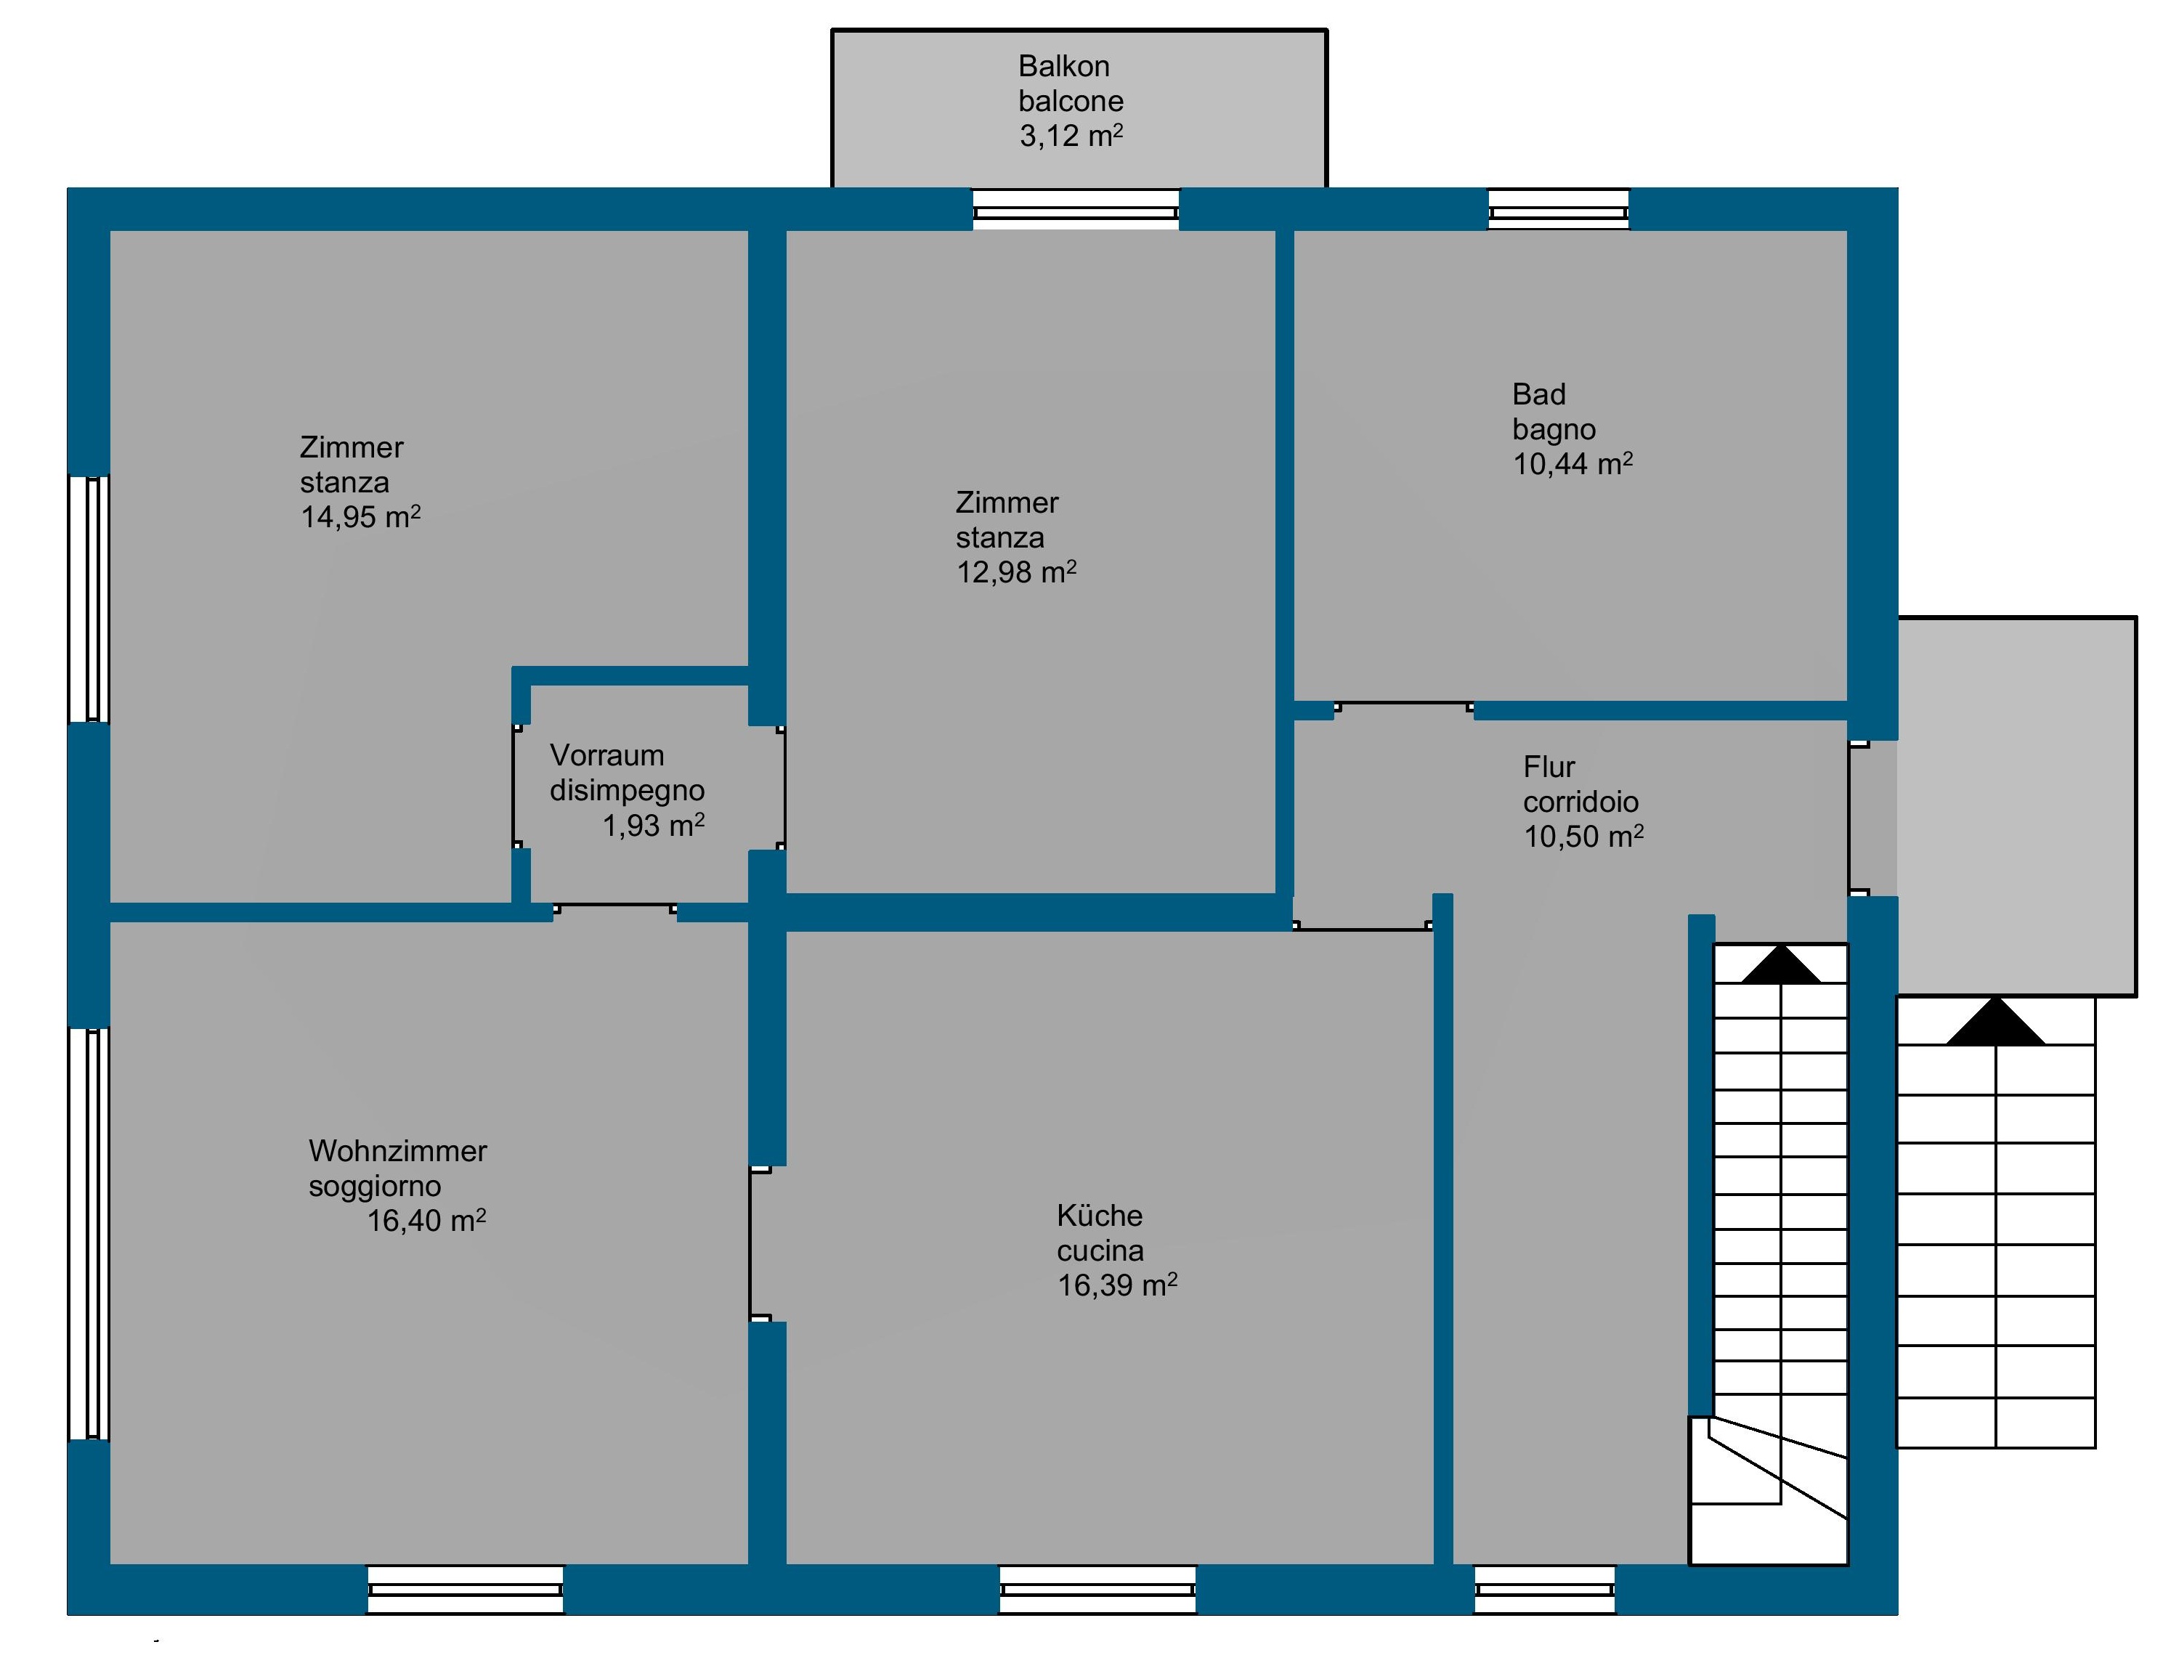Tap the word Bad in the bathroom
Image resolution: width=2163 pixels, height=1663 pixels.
[x=1538, y=395]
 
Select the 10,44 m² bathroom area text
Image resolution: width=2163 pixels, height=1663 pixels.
[x=1572, y=463]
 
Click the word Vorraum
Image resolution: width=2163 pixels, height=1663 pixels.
[x=606, y=755]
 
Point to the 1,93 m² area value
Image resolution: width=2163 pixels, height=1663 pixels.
[x=654, y=824]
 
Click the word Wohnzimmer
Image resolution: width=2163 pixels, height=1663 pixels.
[x=398, y=1150]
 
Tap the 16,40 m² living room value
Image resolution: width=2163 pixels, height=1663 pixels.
[x=426, y=1221]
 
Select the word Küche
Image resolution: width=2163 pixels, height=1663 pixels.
[x=1100, y=1215]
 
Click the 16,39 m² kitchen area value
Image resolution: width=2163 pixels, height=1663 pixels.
[x=1116, y=1285]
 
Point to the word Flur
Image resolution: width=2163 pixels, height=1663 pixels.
[x=1549, y=767]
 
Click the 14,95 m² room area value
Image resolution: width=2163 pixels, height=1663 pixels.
[x=360, y=517]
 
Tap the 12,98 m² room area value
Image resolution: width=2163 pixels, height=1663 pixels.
[x=1015, y=572]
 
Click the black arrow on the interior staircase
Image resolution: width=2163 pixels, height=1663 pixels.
[x=1780, y=964]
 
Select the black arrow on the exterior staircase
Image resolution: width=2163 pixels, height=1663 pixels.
[x=1994, y=1022]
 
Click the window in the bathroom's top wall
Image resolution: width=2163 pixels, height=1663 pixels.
[x=1558, y=210]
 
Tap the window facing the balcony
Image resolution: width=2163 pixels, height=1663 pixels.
[x=1076, y=210]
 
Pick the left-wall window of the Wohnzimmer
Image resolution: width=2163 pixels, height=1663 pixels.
[x=89, y=1233]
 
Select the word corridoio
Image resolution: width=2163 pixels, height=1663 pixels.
[x=1580, y=802]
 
